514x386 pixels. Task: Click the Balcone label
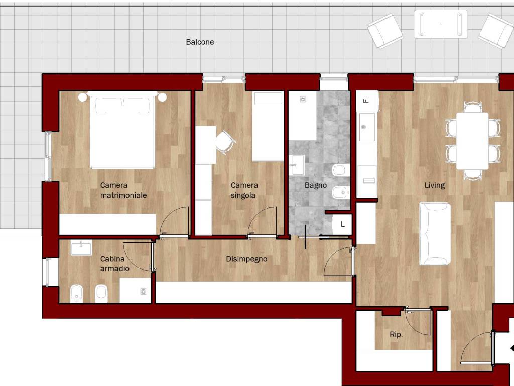point(200,42)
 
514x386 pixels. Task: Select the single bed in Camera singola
point(268,126)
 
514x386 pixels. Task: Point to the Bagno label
point(316,185)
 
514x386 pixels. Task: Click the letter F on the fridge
point(366,101)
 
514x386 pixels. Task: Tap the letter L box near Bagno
point(342,225)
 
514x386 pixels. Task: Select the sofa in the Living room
point(435,234)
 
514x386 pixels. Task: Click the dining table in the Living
point(472,141)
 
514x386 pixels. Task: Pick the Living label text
point(435,185)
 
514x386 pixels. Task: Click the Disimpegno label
point(246,259)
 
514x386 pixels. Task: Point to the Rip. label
point(396,334)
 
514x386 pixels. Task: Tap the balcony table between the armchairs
point(441,24)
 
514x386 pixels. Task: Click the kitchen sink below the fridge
point(367,127)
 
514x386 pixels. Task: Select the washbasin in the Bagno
point(297,165)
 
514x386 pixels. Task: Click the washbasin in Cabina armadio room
point(81,247)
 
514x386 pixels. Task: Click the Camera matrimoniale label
point(123,190)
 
